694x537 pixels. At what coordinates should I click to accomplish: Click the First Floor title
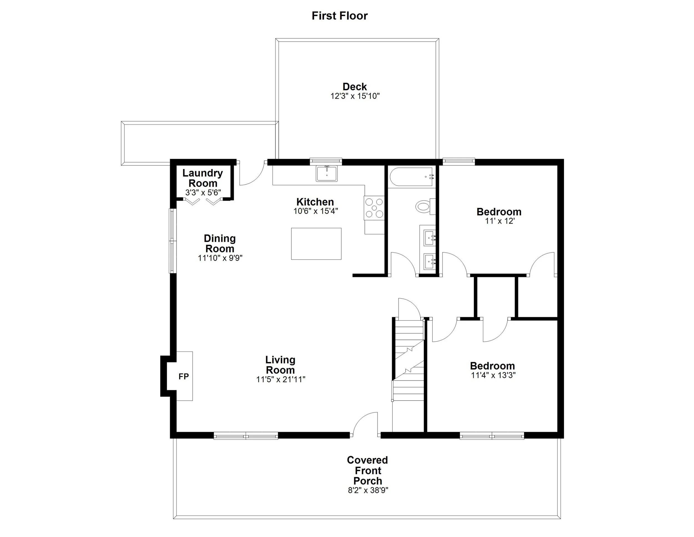(x=340, y=16)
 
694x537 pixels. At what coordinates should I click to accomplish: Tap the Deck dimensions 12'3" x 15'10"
(x=355, y=96)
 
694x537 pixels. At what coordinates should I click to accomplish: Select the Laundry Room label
(x=203, y=178)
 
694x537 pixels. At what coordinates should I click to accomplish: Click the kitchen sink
(x=326, y=174)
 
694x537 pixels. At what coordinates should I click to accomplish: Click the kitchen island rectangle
(x=316, y=243)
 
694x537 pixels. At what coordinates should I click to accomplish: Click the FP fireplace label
(x=184, y=377)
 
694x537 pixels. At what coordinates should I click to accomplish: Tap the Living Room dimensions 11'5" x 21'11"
(x=281, y=379)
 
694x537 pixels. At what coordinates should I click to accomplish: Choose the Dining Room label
(x=220, y=243)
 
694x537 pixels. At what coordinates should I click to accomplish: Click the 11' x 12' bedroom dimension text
(x=499, y=221)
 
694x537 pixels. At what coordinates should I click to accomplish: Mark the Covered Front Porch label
(x=368, y=470)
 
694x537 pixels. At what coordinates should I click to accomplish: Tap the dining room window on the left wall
(x=172, y=241)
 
